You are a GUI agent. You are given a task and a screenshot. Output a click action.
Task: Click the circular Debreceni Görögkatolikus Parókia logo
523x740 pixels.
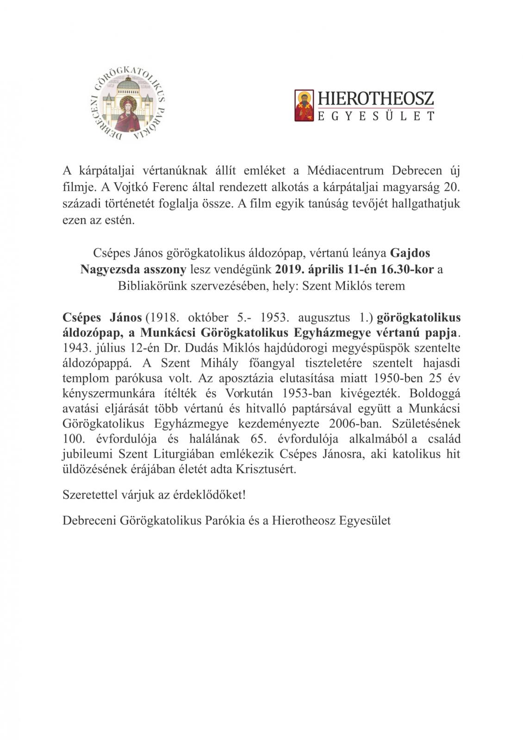[127, 104]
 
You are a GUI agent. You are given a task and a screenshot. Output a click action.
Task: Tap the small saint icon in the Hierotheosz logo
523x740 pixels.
[304, 105]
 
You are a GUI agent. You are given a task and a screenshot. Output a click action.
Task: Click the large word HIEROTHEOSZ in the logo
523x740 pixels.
[375, 99]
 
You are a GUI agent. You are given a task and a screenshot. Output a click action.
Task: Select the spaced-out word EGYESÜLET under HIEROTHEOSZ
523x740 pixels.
[375, 116]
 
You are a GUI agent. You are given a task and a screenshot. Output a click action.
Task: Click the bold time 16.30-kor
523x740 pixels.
[409, 269]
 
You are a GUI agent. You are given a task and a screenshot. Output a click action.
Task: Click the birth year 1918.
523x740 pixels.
[161, 317]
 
